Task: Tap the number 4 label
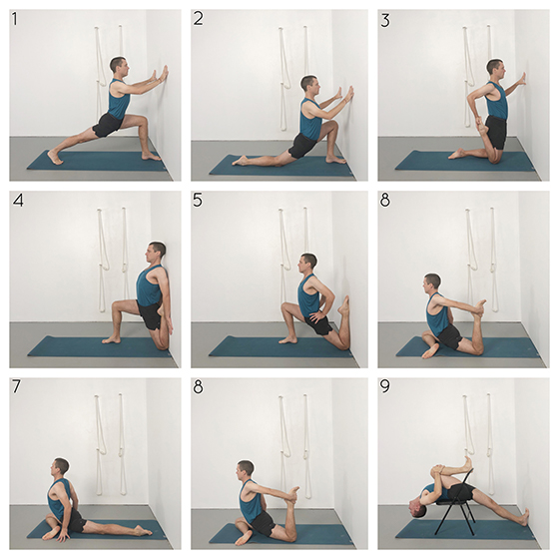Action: coord(17,201)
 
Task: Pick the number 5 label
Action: coord(199,201)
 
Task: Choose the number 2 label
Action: coord(199,18)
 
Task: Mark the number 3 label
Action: coord(384,18)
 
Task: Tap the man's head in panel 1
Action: coord(118,66)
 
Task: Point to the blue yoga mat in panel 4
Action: coord(95,346)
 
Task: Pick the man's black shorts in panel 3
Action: coord(494,131)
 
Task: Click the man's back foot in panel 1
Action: coord(53,157)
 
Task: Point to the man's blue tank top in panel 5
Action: coord(308,297)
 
